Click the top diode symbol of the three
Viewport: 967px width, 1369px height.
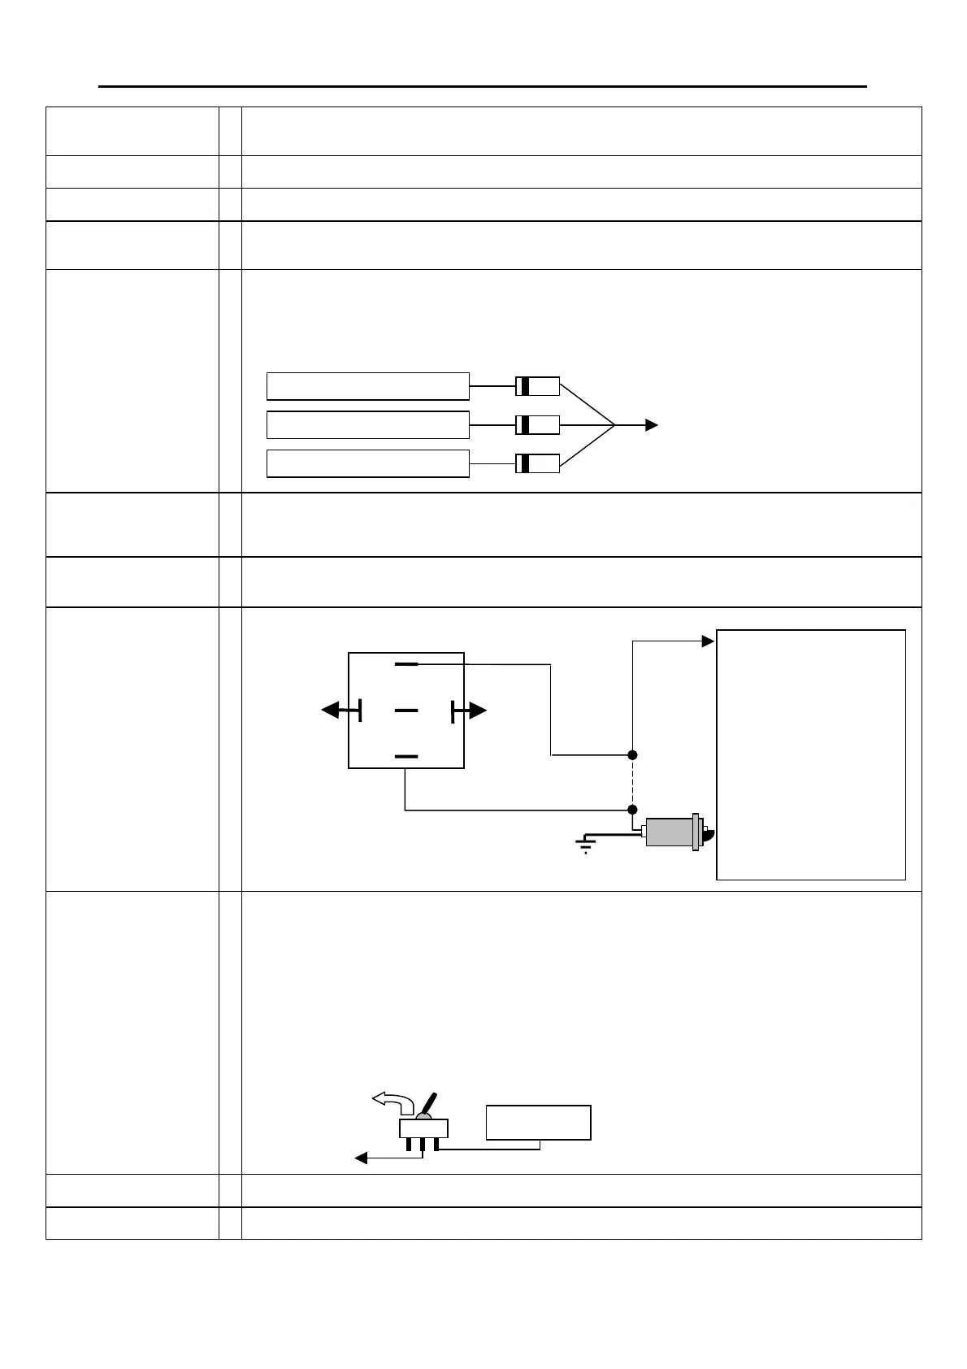[537, 386]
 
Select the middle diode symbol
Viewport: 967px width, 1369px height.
[537, 424]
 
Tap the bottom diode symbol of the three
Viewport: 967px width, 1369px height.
[537, 463]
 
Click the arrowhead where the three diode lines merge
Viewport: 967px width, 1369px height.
[651, 424]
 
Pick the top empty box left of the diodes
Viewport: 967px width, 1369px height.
[367, 386]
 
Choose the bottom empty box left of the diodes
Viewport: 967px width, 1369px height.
[367, 463]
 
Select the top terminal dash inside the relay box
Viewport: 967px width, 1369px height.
[406, 664]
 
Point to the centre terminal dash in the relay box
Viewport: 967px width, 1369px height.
[406, 711]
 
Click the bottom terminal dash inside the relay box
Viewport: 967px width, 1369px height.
[406, 756]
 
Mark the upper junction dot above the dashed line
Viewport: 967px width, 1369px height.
[632, 755]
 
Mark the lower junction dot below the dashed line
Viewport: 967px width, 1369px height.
[632, 810]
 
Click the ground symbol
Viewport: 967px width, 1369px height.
[585, 846]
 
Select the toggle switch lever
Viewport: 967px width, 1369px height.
[430, 1104]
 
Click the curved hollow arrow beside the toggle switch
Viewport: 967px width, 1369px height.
[392, 1102]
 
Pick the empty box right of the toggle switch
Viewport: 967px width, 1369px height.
[538, 1122]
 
